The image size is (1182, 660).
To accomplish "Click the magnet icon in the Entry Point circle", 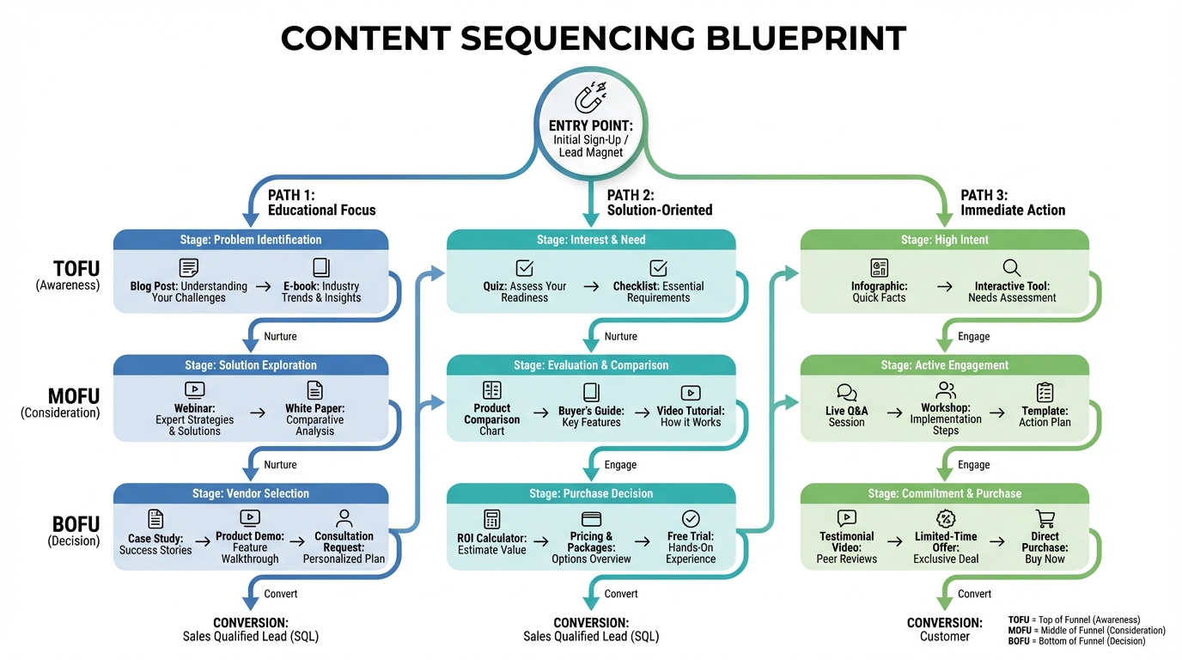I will [590, 98].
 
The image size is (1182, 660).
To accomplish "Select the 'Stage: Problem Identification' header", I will [252, 240].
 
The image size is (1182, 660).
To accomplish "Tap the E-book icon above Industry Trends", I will [320, 267].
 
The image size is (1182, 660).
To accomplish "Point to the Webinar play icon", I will [194, 390].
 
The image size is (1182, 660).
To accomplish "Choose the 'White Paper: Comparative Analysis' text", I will [314, 420].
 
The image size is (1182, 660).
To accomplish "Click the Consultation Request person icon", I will [344, 518].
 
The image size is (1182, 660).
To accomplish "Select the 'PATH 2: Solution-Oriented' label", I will [659, 203].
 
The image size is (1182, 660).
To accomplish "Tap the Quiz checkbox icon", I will [524, 267].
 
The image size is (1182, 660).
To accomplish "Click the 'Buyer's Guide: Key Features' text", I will [590, 417].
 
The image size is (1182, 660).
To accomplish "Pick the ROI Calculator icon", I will [491, 519].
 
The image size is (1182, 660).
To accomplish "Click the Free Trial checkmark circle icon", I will [691, 518].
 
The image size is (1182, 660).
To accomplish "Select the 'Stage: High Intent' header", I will [944, 240].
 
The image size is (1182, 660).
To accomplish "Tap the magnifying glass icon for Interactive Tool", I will [1011, 267].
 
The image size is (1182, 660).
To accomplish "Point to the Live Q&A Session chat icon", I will [846, 393].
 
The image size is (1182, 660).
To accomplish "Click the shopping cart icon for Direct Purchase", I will [1045, 518].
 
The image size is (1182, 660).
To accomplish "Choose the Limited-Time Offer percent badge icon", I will [945, 518].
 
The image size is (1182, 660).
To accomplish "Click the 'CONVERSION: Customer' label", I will [944, 629].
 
